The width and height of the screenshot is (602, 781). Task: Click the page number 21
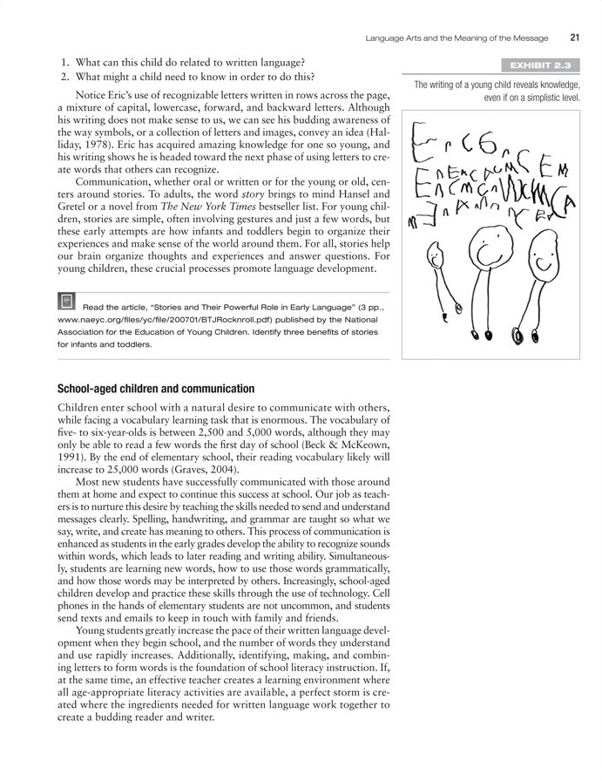[575, 37]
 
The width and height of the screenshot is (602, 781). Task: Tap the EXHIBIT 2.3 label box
[539, 65]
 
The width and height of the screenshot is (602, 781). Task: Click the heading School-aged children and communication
[156, 388]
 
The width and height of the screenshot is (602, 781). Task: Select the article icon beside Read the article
[66, 302]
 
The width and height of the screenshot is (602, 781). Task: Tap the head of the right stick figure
[542, 254]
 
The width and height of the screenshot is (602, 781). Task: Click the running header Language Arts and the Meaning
[457, 37]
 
